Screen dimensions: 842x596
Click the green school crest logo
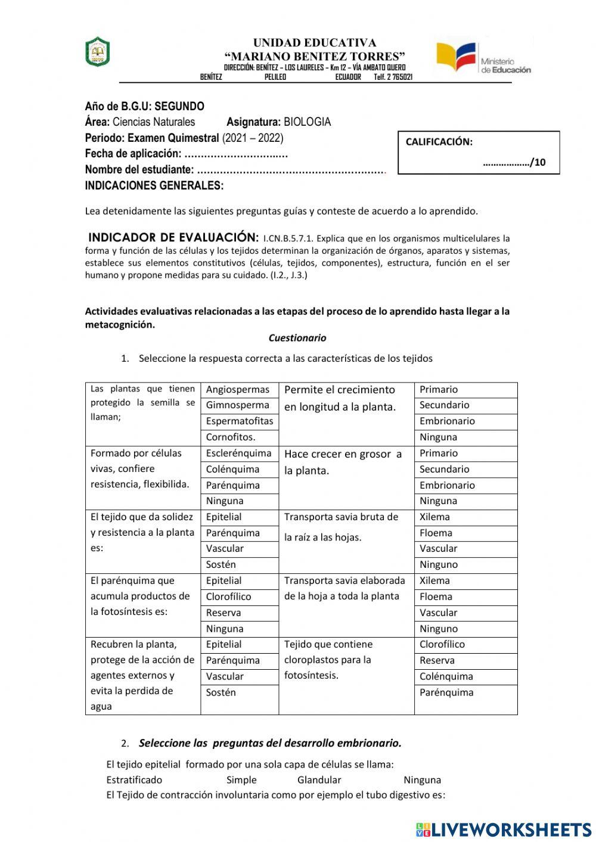(97, 52)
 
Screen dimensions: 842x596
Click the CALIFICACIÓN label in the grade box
(439, 142)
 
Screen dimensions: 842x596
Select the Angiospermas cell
(238, 390)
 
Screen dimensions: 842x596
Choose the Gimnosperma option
(237, 405)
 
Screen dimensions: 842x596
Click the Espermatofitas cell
(239, 421)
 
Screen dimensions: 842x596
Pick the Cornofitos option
(231, 437)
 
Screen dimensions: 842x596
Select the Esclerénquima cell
(238, 453)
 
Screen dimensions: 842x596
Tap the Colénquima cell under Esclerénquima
(232, 470)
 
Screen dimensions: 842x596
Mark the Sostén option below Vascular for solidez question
(221, 565)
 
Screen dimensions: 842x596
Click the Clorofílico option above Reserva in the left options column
(228, 597)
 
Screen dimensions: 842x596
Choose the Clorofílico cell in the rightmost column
(442, 645)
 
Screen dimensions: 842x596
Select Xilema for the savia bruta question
(434, 517)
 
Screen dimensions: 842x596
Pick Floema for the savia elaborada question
(436, 597)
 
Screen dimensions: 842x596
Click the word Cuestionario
(297, 338)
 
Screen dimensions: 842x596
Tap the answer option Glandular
(319, 780)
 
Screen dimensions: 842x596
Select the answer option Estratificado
(134, 780)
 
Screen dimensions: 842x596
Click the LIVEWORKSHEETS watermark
(504, 829)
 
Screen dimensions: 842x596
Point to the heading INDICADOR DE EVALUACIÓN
(173, 237)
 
